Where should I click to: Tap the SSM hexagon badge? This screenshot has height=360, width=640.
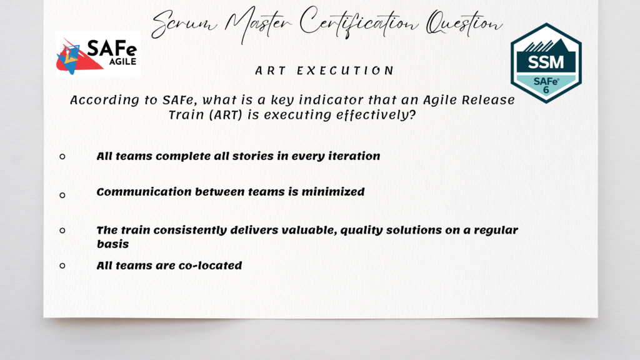546,62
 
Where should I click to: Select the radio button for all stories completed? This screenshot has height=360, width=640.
62,156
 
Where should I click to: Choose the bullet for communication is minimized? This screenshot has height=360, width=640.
62,195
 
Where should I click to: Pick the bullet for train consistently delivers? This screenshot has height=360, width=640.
62,231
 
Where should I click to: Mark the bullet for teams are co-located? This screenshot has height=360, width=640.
62,266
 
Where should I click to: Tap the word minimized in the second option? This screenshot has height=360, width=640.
334,192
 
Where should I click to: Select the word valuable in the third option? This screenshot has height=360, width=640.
300,230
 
